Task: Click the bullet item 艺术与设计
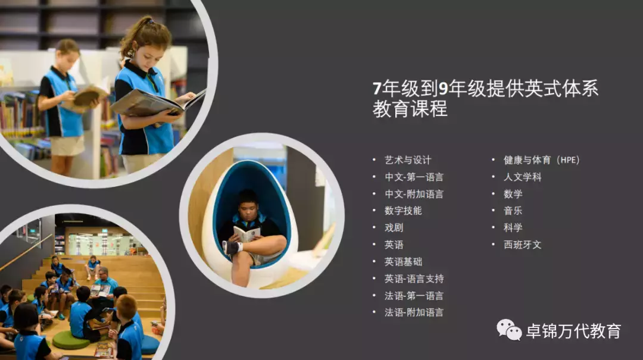coord(408,160)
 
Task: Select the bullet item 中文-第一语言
coord(414,177)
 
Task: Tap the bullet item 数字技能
coord(403,211)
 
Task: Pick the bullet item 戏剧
coord(394,228)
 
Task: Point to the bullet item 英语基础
coord(403,262)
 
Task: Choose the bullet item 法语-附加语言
coord(414,312)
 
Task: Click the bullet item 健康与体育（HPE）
coord(541,160)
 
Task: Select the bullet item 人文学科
coord(522,177)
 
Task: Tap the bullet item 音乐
coord(513,211)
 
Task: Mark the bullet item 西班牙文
coord(522,245)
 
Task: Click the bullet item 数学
coord(513,194)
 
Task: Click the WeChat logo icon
coord(509,329)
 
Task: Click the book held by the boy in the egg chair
coord(246,233)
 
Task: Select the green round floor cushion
coord(71,340)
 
